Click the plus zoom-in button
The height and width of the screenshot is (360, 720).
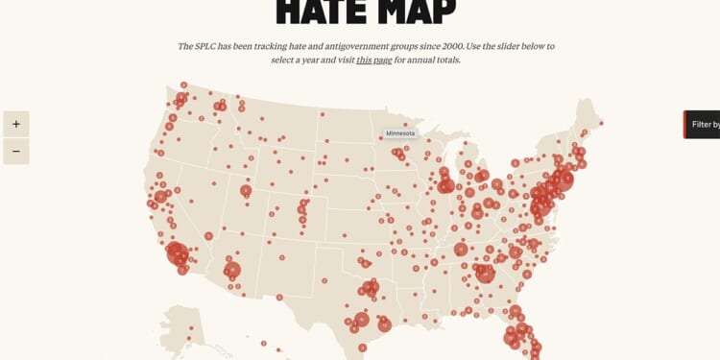click(x=16, y=124)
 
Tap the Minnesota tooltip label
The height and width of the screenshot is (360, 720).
click(x=401, y=133)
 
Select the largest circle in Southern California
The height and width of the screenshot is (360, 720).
click(x=178, y=254)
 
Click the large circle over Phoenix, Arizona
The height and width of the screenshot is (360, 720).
click(x=232, y=271)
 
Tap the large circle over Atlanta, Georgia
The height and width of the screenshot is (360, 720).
click(x=485, y=273)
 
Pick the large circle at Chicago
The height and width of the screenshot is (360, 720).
click(x=445, y=185)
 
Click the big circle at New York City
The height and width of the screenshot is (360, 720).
click(x=562, y=180)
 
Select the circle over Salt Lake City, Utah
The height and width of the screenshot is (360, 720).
click(x=246, y=191)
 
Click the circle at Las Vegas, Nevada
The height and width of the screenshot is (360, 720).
click(x=208, y=235)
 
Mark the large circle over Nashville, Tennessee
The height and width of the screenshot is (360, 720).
click(x=461, y=249)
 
